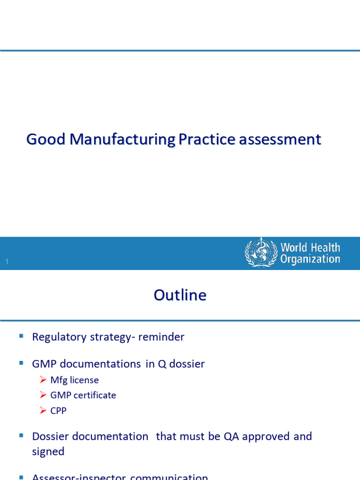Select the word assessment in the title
279,139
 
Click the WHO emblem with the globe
261,253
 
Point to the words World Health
310,247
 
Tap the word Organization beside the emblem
310,259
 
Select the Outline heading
180,295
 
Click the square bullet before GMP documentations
21,363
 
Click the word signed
48,451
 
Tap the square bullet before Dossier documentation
21,435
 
